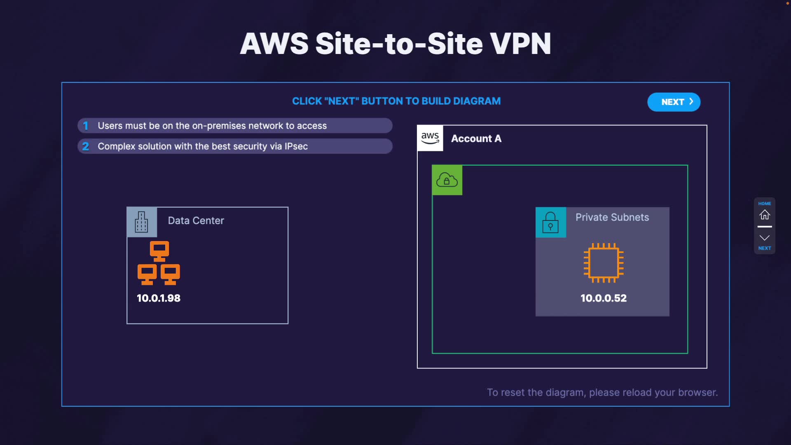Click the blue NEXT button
tap(674, 102)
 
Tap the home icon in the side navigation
tap(765, 215)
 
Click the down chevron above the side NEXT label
tap(765, 238)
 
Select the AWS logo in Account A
tap(430, 138)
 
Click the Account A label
tap(476, 139)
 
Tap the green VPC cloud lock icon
tap(447, 180)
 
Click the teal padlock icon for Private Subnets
tap(550, 222)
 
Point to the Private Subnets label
tap(612, 218)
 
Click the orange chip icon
tap(604, 263)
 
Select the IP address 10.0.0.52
tap(604, 298)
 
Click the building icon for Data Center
tap(141, 222)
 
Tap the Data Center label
tap(196, 221)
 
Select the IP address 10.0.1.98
tap(159, 298)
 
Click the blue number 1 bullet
tap(86, 126)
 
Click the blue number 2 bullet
tap(86, 146)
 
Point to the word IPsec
tap(296, 146)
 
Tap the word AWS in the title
tap(274, 44)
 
